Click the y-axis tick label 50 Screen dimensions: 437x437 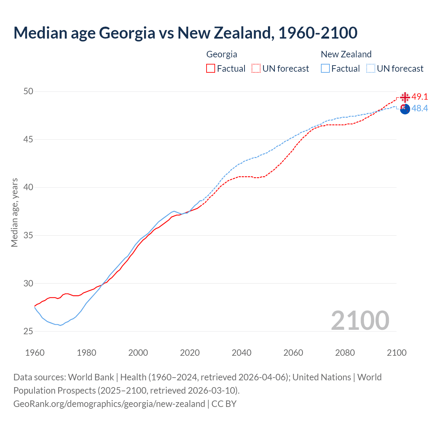point(28,91)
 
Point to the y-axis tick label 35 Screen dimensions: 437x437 point(28,235)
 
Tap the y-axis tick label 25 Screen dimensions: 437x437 point(28,331)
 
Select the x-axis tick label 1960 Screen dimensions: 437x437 point(35,353)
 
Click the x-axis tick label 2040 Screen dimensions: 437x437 point(241,353)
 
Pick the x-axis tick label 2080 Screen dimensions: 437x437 point(345,353)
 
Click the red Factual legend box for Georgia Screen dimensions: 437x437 point(211,69)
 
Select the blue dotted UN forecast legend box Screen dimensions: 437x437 point(371,69)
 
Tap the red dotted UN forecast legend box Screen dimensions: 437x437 point(256,69)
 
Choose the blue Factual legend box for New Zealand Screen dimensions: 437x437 point(325,69)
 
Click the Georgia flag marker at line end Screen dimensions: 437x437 point(405,97)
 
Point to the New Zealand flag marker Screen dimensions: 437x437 point(405,109)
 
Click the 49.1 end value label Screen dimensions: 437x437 point(420,97)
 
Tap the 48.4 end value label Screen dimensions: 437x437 point(420,109)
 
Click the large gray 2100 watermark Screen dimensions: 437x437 point(360,320)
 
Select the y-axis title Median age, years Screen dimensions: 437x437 point(14,212)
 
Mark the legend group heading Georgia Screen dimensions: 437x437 point(222,54)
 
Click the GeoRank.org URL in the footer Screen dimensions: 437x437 point(109,404)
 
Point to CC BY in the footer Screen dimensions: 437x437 point(224,404)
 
